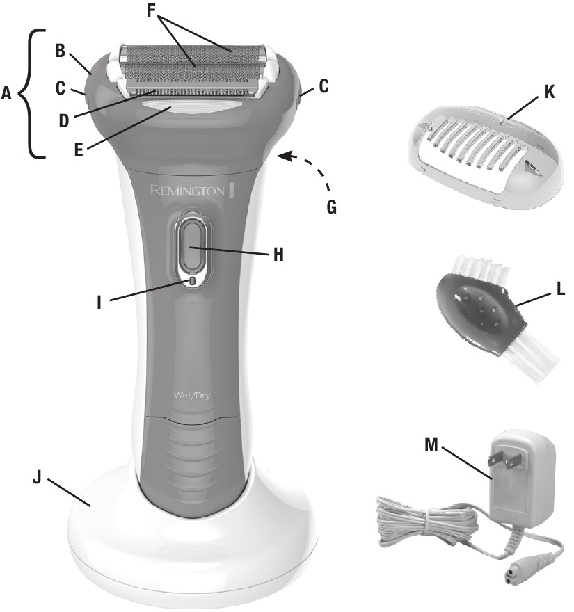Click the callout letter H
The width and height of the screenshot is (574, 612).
point(278,254)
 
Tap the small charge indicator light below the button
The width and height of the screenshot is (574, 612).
point(191,281)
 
